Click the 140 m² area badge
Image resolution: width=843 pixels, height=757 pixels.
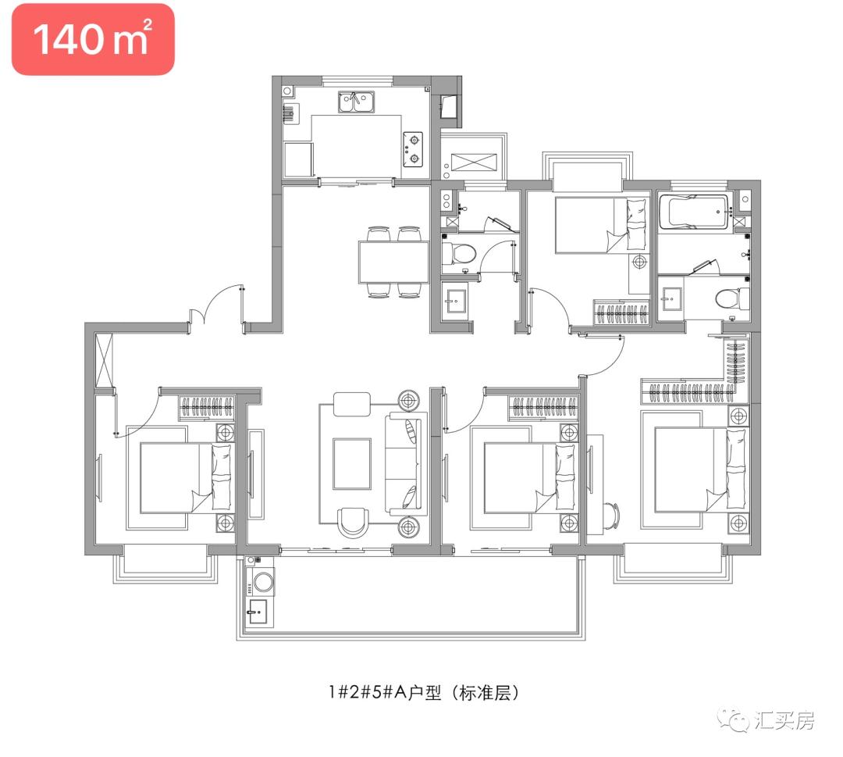pyautogui.click(x=92, y=39)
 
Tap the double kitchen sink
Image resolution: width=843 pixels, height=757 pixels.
pyautogui.click(x=356, y=102)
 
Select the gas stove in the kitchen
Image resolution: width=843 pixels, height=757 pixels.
pyautogui.click(x=413, y=151)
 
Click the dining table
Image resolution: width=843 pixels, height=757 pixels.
pyautogui.click(x=393, y=262)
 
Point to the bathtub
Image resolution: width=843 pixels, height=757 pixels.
pyautogui.click(x=694, y=212)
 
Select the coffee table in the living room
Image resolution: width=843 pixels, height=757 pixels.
pyautogui.click(x=352, y=463)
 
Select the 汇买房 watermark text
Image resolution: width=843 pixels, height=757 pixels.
pyautogui.click(x=785, y=720)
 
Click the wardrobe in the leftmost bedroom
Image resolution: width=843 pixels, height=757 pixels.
pyautogui.click(x=207, y=406)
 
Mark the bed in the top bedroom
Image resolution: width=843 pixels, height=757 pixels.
pyautogui.click(x=599, y=225)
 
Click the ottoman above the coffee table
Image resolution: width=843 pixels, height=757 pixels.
pyautogui.click(x=352, y=404)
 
